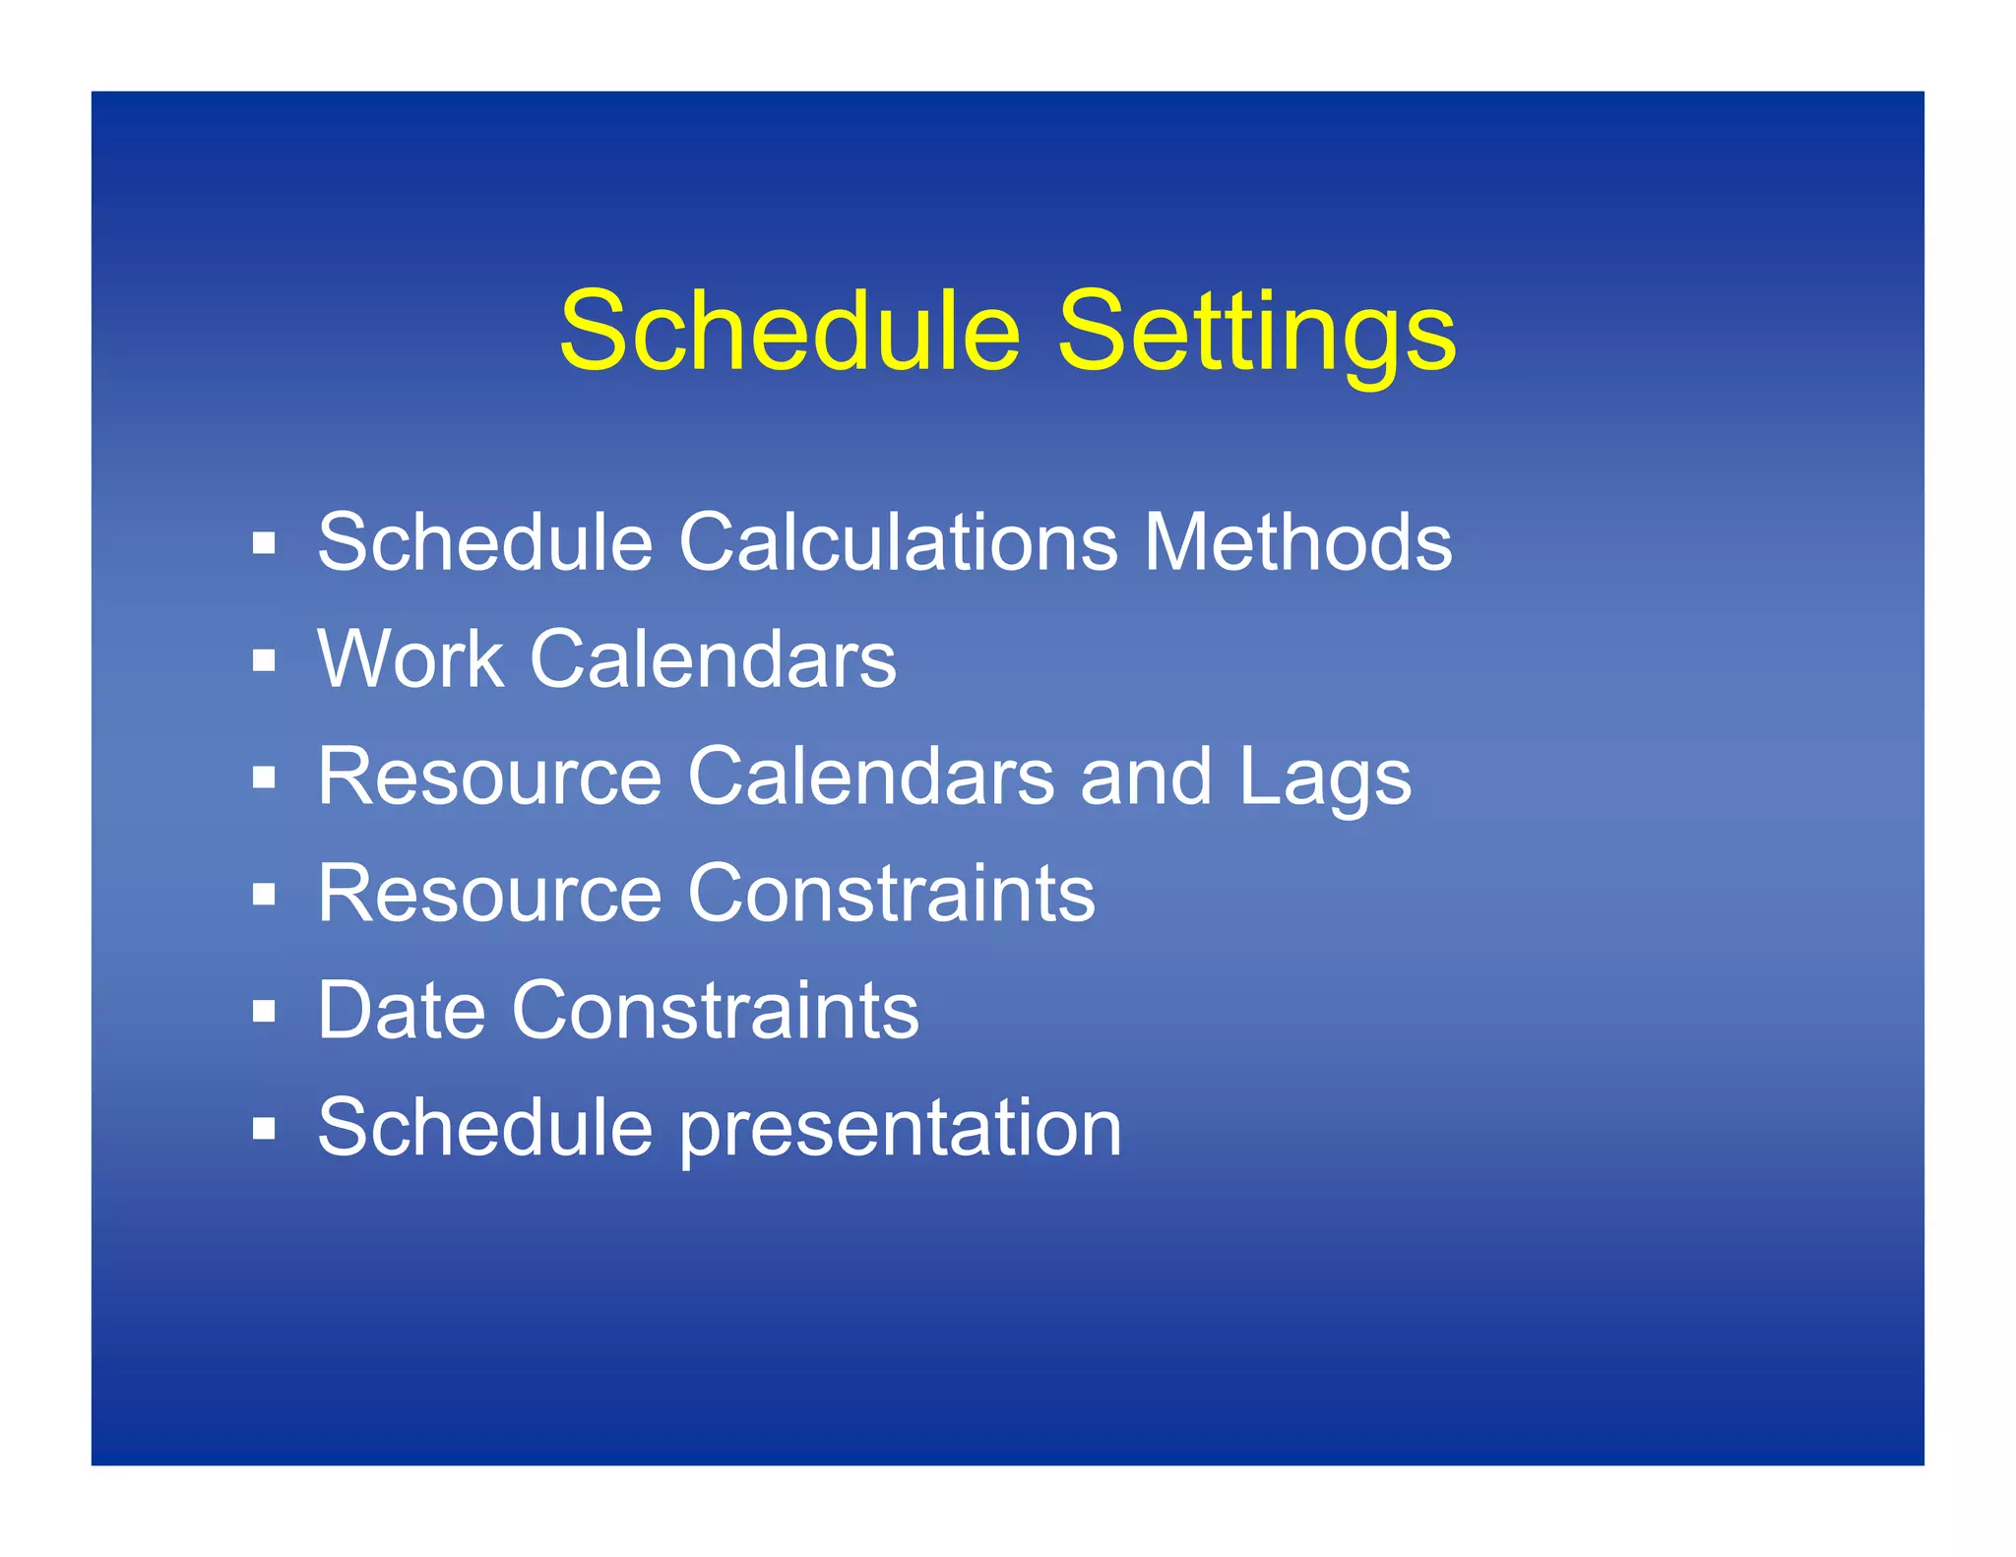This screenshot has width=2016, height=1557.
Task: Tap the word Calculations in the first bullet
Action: click(x=898, y=542)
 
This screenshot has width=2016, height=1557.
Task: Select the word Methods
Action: click(x=1297, y=542)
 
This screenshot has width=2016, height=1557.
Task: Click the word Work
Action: click(x=410, y=659)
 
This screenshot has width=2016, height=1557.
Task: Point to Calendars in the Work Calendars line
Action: click(x=713, y=659)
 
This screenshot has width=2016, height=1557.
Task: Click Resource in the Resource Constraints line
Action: click(x=489, y=894)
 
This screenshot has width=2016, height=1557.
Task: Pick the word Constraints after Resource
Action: click(x=891, y=894)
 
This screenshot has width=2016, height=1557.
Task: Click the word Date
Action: click(x=402, y=1011)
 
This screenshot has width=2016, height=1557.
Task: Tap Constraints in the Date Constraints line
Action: click(x=715, y=1011)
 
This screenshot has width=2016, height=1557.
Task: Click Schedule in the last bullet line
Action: click(x=485, y=1128)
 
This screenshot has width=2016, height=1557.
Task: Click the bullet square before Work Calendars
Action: click(x=263, y=660)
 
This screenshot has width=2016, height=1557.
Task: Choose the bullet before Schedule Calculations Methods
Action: click(x=263, y=543)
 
